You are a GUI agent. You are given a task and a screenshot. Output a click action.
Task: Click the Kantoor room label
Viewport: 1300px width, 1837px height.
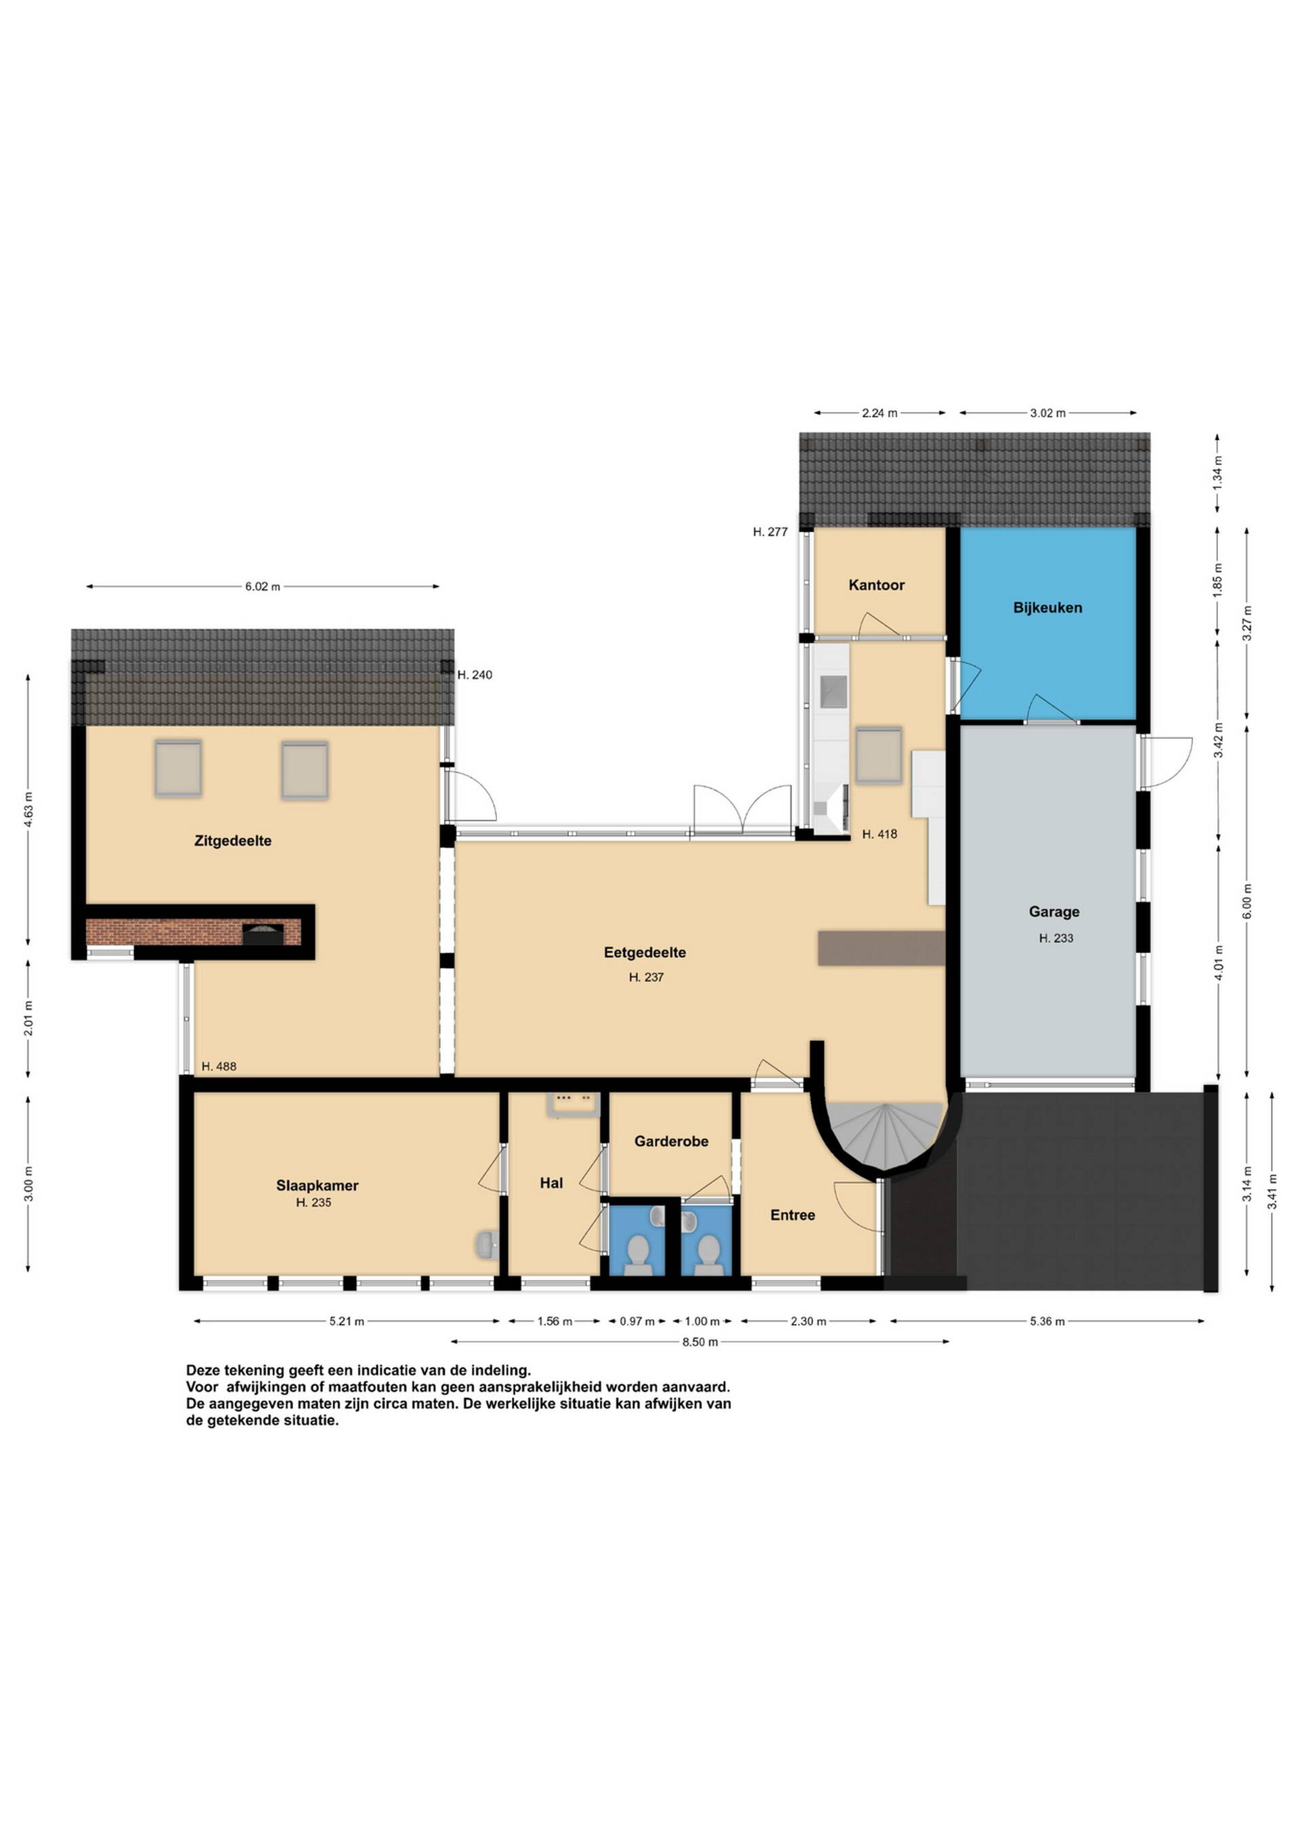point(877,585)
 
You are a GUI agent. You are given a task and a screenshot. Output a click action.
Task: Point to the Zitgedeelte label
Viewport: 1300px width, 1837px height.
point(233,841)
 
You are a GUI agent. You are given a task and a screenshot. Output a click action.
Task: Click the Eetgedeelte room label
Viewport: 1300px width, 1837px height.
point(645,952)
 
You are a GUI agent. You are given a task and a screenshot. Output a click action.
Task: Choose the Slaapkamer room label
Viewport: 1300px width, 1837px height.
point(317,1185)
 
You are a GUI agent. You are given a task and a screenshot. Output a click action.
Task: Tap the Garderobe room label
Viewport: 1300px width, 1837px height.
point(671,1141)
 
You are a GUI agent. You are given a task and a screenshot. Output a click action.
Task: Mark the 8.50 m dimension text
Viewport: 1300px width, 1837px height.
point(699,1342)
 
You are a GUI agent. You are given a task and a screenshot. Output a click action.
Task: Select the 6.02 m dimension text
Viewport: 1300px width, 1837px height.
point(263,586)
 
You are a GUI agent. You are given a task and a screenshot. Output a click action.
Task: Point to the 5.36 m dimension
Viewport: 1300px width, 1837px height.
point(1047,1321)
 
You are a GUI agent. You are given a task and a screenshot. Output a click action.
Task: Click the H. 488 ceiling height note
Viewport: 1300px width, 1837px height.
point(219,1067)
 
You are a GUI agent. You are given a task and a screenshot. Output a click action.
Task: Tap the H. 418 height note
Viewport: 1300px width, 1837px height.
point(879,834)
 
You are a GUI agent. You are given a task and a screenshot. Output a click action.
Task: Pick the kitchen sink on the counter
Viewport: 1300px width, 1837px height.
point(833,688)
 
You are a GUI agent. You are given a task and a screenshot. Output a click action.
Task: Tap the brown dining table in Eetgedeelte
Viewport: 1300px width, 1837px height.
point(882,948)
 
